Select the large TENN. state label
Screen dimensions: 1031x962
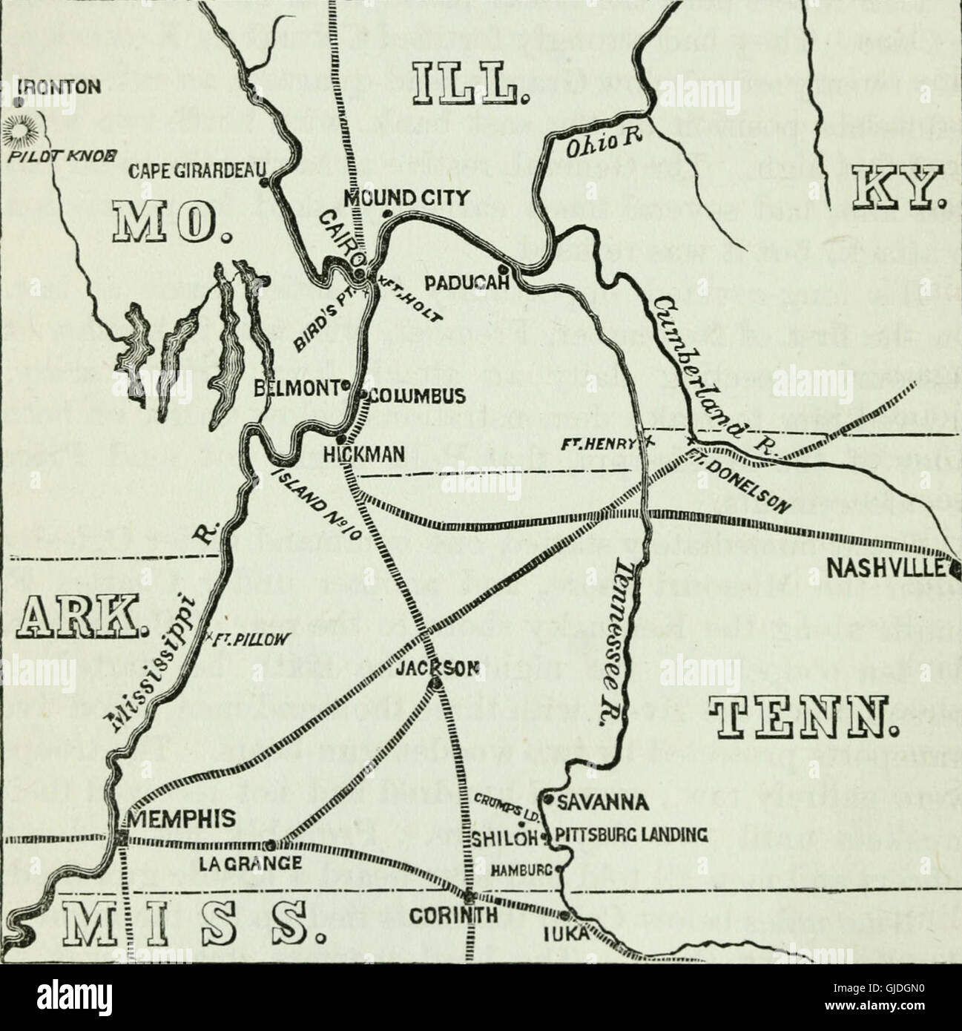click(x=801, y=715)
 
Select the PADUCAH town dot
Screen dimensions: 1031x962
click(x=503, y=269)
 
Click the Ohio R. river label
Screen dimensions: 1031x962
click(x=602, y=141)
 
